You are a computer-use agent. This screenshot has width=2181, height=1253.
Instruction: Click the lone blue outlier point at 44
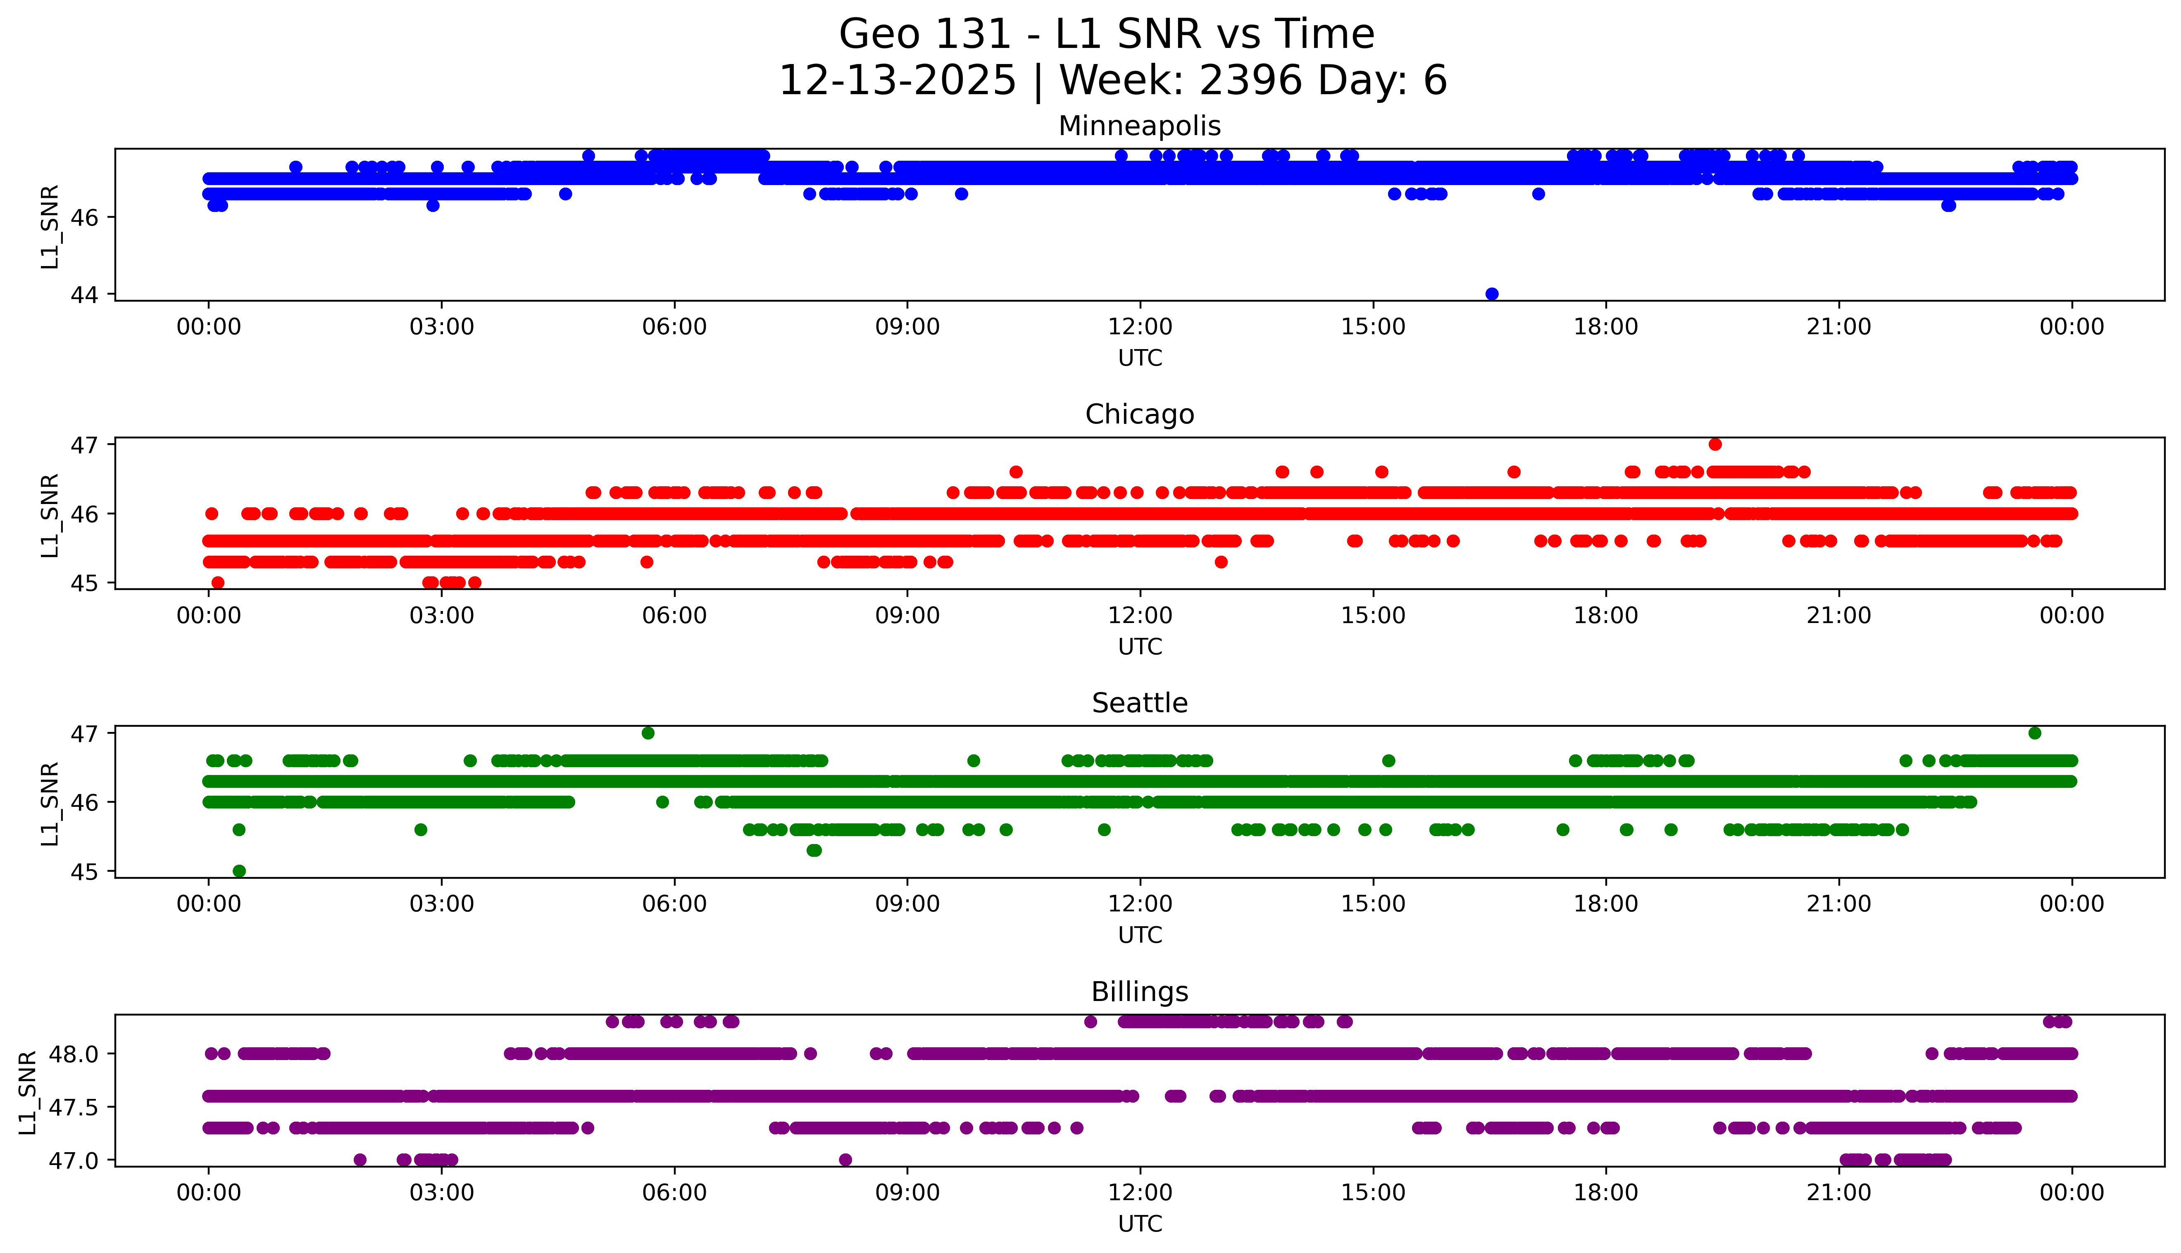point(1492,294)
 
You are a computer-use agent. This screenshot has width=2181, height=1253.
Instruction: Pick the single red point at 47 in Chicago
point(1714,444)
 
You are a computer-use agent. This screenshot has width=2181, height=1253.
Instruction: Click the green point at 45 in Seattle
point(239,871)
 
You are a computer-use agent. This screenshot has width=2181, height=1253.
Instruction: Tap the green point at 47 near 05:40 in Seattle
point(648,733)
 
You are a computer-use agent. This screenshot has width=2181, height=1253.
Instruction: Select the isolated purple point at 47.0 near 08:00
point(845,1160)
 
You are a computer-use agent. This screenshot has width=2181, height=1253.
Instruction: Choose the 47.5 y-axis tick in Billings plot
point(76,1107)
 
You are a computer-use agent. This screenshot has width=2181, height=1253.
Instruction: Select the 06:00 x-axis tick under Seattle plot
point(674,904)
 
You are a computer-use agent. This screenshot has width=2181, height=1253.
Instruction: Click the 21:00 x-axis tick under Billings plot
point(1838,1193)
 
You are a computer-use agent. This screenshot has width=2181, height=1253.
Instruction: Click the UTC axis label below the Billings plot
point(1140,1224)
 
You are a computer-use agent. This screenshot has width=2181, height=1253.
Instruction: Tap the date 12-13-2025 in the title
point(897,81)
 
